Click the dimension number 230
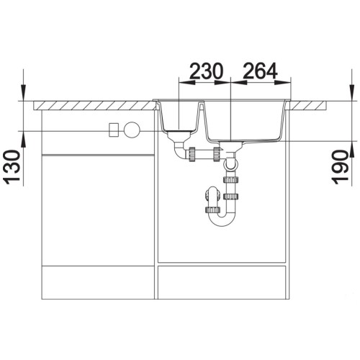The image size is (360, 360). (x=207, y=71)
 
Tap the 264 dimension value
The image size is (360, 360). (x=260, y=71)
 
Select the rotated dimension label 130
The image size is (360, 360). (x=12, y=167)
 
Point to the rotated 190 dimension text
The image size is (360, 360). (x=340, y=167)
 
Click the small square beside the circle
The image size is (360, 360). (x=114, y=130)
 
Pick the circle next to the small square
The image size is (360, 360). (x=132, y=130)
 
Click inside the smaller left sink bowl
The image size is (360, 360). (x=179, y=117)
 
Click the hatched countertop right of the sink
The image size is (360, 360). (x=308, y=105)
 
